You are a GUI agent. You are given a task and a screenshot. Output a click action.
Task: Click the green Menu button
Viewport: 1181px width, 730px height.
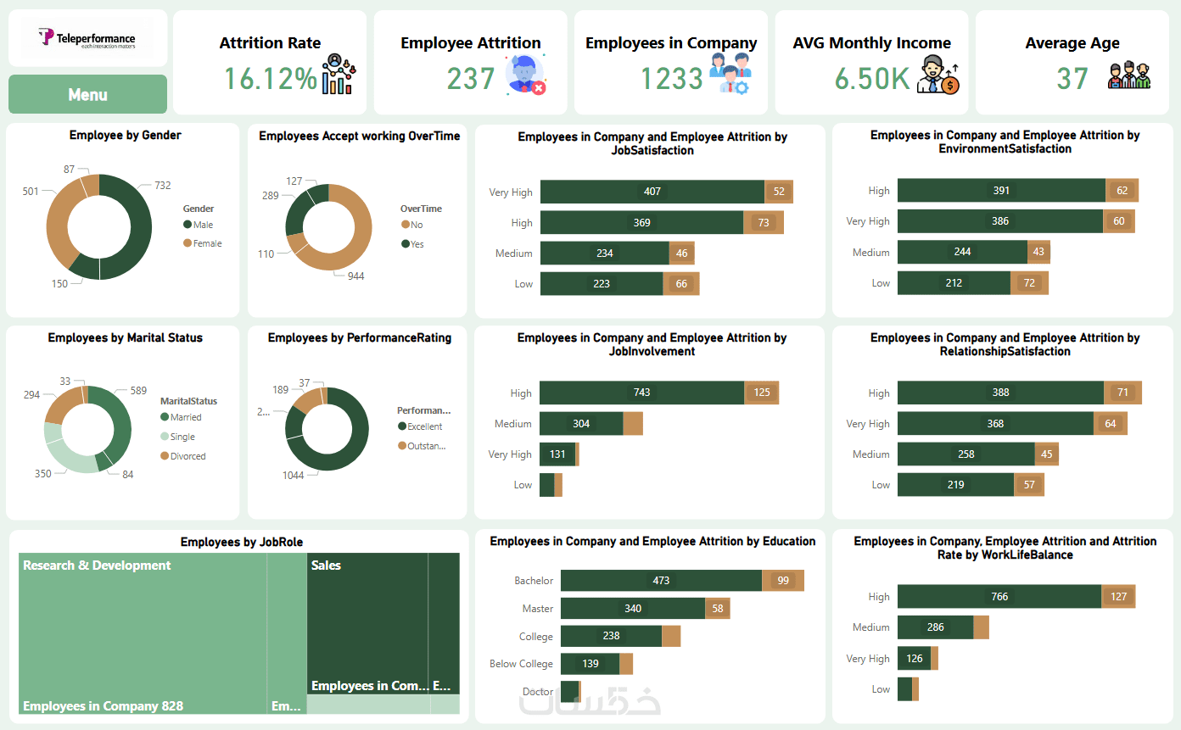pyautogui.click(x=87, y=94)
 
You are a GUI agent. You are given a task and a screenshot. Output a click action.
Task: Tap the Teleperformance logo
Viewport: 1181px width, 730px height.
pyautogui.click(x=87, y=38)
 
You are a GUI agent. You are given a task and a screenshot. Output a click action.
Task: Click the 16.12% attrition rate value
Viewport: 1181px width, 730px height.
pyautogui.click(x=270, y=79)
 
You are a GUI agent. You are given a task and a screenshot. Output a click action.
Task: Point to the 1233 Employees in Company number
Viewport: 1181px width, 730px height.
pyautogui.click(x=671, y=79)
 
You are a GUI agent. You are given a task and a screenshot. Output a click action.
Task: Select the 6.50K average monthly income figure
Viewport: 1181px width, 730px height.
pyautogui.click(x=872, y=79)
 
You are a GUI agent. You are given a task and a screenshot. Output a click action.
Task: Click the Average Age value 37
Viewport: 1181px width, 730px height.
pyautogui.click(x=1072, y=79)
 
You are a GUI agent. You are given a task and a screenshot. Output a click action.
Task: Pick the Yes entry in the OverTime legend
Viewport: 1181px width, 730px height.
pyautogui.click(x=417, y=244)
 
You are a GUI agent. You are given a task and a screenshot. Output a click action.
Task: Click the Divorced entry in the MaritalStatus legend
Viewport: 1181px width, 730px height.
pyautogui.click(x=188, y=456)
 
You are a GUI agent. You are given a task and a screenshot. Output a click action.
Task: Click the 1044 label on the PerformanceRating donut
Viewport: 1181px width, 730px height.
pyautogui.click(x=293, y=475)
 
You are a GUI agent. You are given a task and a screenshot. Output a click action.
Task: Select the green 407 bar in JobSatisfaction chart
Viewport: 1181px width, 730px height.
pyautogui.click(x=652, y=192)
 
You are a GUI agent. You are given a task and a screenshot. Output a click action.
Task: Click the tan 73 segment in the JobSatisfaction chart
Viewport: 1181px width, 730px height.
pyautogui.click(x=763, y=223)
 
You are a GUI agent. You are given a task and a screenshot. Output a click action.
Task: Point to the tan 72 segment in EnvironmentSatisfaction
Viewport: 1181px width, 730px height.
pyautogui.click(x=1029, y=283)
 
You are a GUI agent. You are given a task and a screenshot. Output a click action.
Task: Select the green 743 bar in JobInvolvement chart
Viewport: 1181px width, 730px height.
pyautogui.click(x=641, y=393)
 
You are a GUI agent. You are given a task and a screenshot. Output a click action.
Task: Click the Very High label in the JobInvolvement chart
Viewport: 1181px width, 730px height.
pyautogui.click(x=510, y=454)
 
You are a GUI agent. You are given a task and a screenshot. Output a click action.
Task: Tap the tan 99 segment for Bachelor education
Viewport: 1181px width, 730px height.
pyautogui.click(x=782, y=581)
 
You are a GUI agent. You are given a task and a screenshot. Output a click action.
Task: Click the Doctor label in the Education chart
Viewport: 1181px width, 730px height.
pyautogui.click(x=537, y=692)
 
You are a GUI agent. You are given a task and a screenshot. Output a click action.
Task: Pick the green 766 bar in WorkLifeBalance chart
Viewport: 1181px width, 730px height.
pyautogui.click(x=999, y=597)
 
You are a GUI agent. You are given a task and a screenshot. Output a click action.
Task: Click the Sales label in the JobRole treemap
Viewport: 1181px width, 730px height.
pyautogui.click(x=326, y=566)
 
